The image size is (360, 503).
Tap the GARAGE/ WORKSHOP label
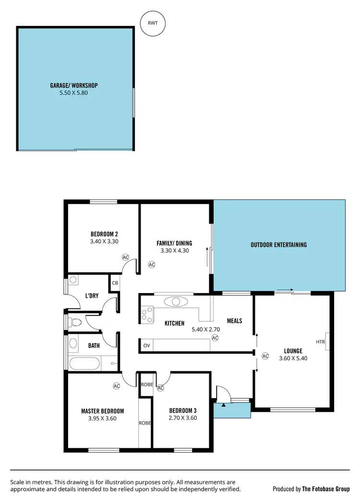(x=74, y=86)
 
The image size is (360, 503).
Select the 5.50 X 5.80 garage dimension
(x=74, y=93)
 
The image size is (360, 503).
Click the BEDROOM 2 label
(x=104, y=234)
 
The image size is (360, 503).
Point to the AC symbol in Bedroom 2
(x=126, y=257)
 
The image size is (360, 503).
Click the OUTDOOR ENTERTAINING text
(x=278, y=245)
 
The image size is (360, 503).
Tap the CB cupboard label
(x=115, y=283)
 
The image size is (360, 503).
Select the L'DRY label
(x=92, y=296)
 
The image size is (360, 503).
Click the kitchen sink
(x=176, y=302)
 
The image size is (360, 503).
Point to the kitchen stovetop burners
(x=147, y=314)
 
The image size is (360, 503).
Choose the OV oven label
(x=146, y=345)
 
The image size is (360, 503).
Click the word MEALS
(x=234, y=321)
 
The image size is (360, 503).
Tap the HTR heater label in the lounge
(x=320, y=342)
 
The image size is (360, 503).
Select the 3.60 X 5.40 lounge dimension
(x=293, y=358)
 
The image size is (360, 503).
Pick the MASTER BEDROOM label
(x=102, y=411)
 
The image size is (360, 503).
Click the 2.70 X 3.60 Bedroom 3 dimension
(x=182, y=418)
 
